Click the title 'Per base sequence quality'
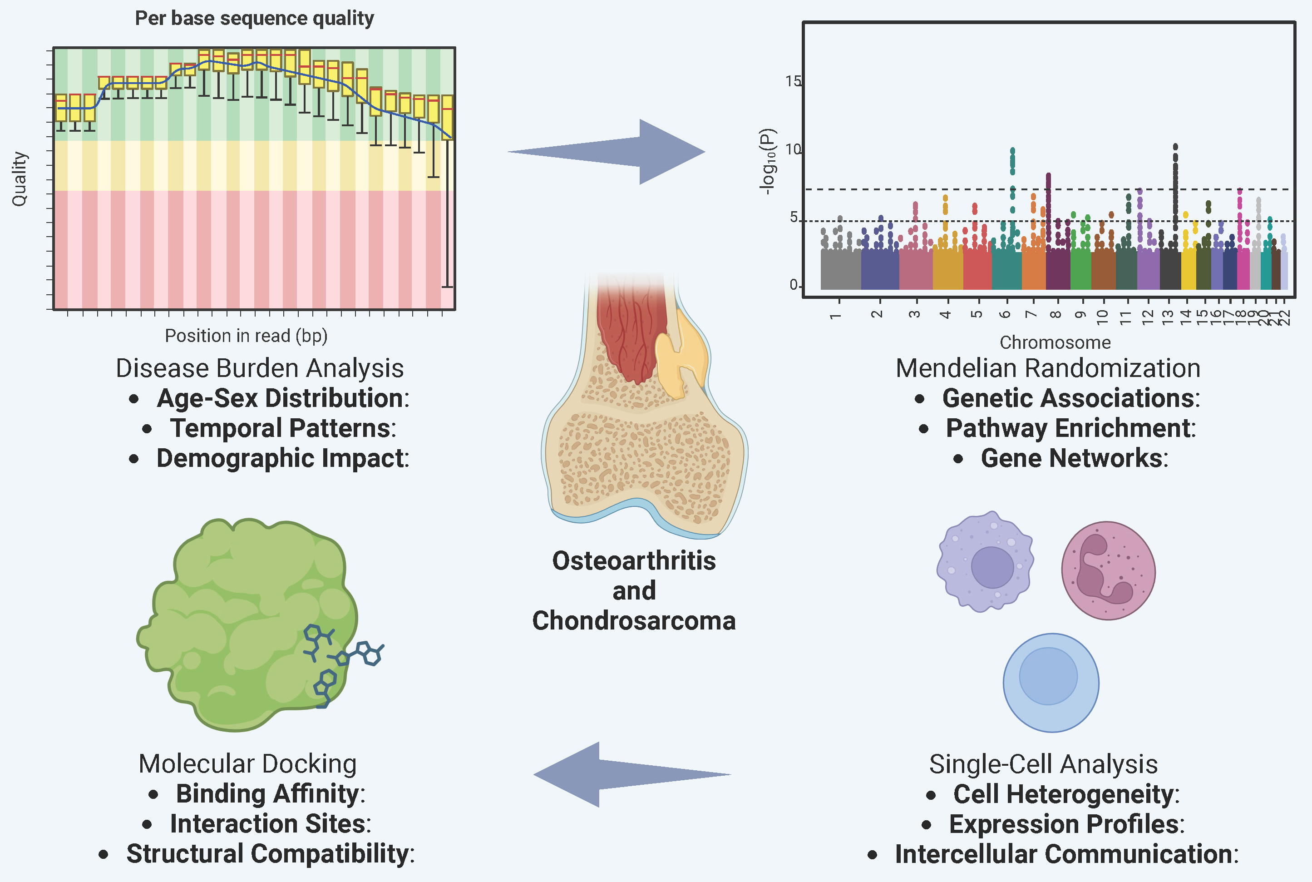[x=254, y=18]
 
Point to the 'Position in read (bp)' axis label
[x=246, y=336]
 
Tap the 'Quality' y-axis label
[x=19, y=179]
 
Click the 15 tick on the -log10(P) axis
[x=793, y=82]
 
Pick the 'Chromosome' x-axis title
[x=1055, y=342]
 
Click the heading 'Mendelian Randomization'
[x=1048, y=368]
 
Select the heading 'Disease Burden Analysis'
[x=260, y=368]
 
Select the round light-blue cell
[x=1050, y=682]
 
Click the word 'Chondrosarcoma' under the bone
[x=633, y=621]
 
